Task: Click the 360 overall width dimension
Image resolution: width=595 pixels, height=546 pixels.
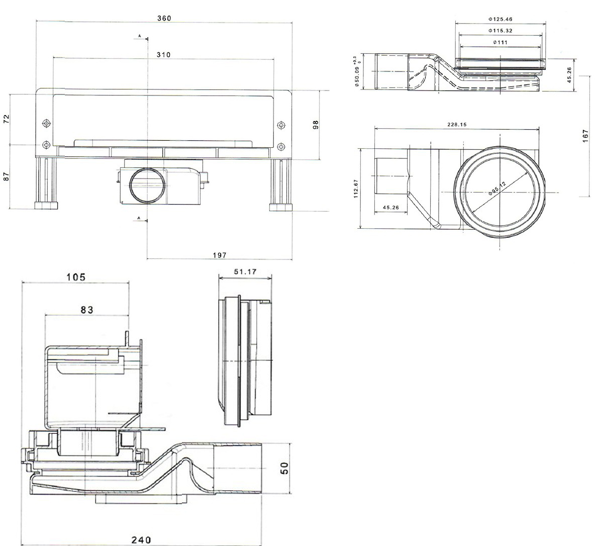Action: click(x=164, y=19)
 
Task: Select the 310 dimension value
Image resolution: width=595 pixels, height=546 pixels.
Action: click(x=164, y=55)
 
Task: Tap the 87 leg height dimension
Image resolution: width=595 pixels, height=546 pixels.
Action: click(x=7, y=176)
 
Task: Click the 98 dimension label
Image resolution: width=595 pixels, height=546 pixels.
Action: click(x=316, y=125)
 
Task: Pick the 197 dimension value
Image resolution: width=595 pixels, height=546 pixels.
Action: click(x=220, y=255)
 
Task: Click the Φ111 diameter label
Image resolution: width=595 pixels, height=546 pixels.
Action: click(x=500, y=42)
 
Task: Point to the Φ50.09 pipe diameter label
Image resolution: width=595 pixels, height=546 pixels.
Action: click(x=356, y=72)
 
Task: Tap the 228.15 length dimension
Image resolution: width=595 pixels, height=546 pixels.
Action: click(x=456, y=124)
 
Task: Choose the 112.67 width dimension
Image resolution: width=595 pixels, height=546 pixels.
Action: click(x=356, y=189)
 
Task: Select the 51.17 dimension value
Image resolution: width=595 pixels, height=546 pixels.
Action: click(x=246, y=272)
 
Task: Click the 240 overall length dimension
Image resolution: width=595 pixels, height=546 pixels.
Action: click(x=141, y=540)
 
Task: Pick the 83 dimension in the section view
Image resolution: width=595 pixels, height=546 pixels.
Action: click(x=87, y=310)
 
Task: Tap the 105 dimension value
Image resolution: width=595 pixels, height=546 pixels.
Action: click(x=76, y=277)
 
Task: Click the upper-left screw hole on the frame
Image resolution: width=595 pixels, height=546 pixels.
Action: click(x=46, y=123)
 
